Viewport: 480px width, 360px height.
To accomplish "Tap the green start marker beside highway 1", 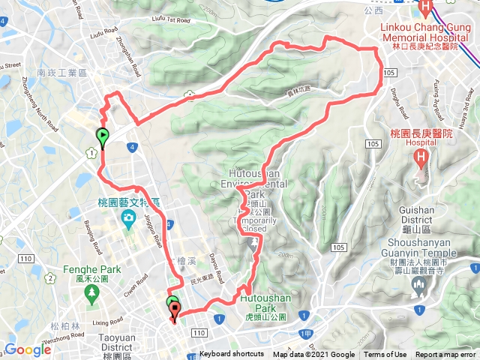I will click(x=102, y=136).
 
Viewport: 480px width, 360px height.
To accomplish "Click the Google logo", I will click(x=28, y=349).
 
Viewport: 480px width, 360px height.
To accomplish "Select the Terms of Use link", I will click(x=385, y=355).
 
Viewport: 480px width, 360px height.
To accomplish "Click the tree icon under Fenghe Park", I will click(x=91, y=293).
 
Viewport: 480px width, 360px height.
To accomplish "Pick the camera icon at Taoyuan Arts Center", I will click(x=128, y=219).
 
